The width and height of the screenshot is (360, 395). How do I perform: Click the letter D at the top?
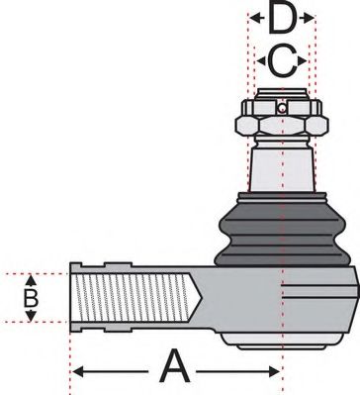[x=282, y=20]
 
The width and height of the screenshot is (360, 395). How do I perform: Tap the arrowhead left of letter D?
[x=253, y=19]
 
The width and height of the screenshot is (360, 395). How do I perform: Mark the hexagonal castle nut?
[x=282, y=125]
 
